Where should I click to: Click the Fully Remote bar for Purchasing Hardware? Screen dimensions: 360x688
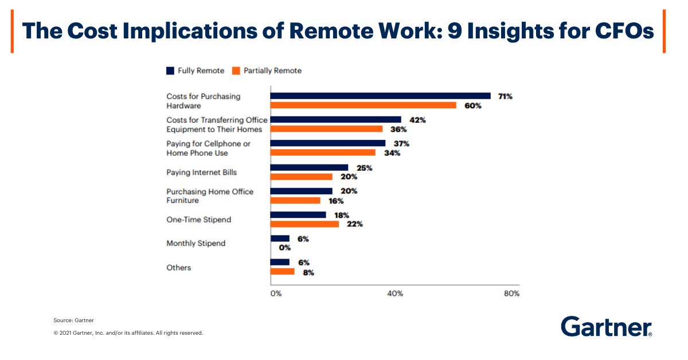[380, 96]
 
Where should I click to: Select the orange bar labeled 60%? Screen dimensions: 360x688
[363, 105]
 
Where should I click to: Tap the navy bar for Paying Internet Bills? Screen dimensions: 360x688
[309, 167]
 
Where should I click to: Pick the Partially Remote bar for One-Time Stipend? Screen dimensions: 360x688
[304, 224]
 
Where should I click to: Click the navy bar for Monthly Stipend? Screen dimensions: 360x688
[280, 238]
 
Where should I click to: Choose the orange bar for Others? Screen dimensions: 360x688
[282, 272]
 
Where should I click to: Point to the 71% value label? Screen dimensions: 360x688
[505, 96]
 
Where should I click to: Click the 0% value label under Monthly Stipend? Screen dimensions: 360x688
[285, 248]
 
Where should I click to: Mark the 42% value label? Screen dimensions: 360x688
[417, 120]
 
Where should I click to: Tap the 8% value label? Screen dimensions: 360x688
[308, 272]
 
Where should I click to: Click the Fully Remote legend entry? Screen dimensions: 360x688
[196, 71]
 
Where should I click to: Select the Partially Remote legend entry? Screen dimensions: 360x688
[267, 71]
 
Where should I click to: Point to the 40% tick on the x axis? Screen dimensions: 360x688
[395, 294]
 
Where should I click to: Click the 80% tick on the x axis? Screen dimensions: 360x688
[511, 294]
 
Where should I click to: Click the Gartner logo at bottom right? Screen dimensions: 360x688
[607, 326]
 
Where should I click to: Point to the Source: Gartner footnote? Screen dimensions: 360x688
[74, 320]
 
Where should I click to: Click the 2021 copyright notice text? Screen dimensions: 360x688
[128, 332]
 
